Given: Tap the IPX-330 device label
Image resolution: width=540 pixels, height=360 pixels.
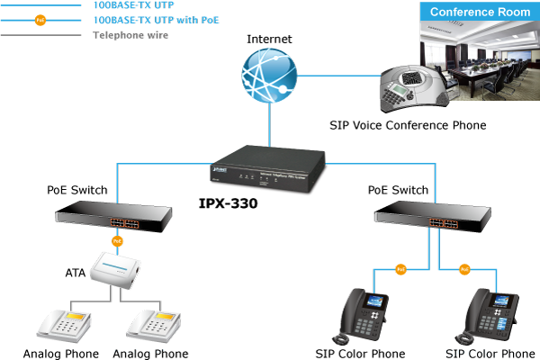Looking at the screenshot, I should pos(228,204).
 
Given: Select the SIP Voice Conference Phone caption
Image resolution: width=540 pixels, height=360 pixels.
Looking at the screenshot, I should pos(407,126).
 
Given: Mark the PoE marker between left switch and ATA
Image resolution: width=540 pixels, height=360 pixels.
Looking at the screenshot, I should pos(117,241).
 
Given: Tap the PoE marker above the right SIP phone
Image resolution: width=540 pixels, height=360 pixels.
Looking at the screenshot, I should pos(464,268).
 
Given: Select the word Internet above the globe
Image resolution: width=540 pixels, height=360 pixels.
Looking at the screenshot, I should pos(267,40).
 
